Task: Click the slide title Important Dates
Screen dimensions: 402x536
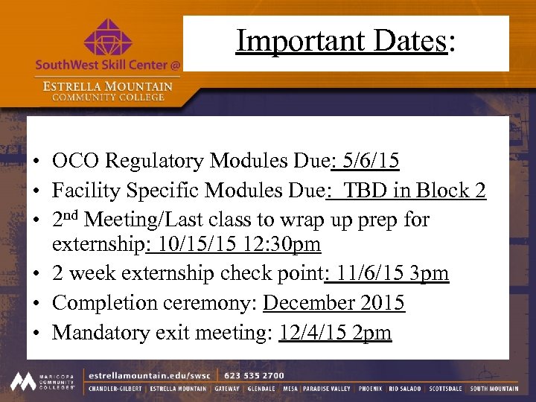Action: (345, 42)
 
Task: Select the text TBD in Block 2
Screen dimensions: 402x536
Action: (414, 191)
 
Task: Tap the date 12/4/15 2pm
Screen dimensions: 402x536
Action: (335, 333)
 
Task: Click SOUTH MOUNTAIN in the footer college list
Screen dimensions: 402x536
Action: (494, 389)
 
